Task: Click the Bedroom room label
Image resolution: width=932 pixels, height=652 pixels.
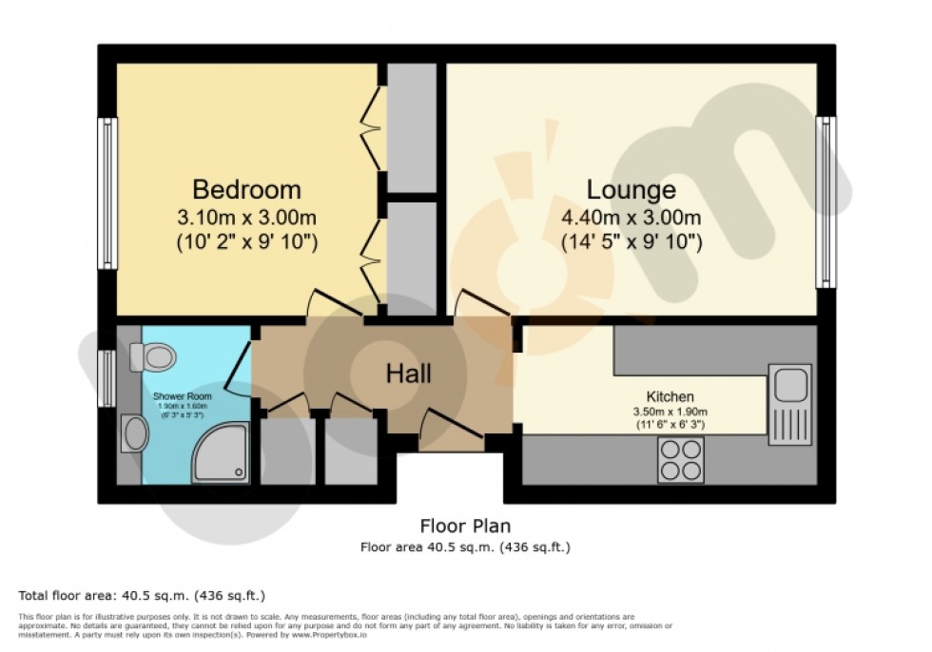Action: point(246,188)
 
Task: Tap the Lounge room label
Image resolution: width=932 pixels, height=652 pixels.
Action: point(631,188)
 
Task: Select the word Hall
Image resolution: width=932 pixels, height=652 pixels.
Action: point(408,374)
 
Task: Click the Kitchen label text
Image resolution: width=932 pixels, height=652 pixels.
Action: point(670,396)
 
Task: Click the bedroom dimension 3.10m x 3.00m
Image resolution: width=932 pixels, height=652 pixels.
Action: point(246,218)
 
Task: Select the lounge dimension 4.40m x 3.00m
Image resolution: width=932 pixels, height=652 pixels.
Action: point(631,218)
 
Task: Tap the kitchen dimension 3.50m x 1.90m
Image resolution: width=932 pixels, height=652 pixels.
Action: point(670,412)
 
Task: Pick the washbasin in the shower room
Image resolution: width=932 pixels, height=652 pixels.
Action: point(136,435)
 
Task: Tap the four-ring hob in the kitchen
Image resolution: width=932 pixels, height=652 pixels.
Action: point(680,461)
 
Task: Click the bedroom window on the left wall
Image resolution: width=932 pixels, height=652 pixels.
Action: point(108,193)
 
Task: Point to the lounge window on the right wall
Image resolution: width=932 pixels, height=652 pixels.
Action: point(825,201)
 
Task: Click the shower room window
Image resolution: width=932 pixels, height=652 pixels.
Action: point(108,366)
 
